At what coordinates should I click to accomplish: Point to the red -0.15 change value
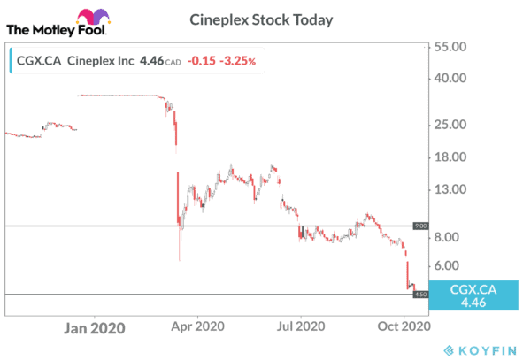pos(203,61)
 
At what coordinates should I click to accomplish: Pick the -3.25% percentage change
pos(239,61)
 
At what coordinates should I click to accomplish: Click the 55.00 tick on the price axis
pos(457,46)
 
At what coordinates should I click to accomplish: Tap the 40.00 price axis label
pos(457,78)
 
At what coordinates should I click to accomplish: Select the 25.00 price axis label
pos(457,125)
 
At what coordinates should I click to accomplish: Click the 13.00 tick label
pos(457,189)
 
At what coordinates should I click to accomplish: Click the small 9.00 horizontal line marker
pos(421,226)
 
